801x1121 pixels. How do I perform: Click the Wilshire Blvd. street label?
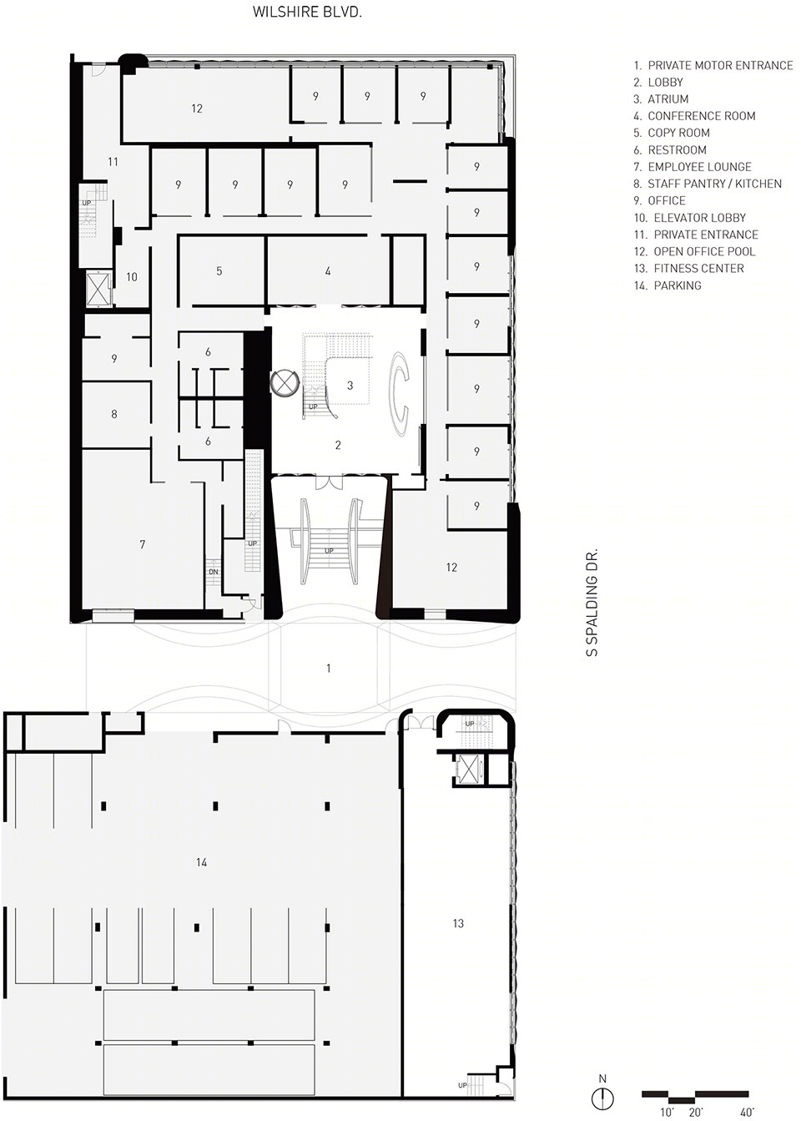click(307, 12)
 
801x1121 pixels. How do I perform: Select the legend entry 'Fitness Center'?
click(688, 268)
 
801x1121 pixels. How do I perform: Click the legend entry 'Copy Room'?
click(672, 133)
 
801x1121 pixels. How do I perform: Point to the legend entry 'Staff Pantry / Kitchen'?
click(708, 184)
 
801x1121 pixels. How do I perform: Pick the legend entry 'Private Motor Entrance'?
click(713, 65)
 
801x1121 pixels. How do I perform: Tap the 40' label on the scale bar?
click(747, 1112)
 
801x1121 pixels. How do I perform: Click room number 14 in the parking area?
click(202, 861)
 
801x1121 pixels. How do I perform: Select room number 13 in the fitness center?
click(458, 923)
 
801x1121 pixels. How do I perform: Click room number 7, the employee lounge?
click(143, 544)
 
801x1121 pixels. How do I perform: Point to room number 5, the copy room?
click(219, 270)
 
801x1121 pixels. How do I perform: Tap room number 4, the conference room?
click(328, 270)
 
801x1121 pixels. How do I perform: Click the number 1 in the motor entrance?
click(328, 668)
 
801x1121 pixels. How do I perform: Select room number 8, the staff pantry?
click(114, 414)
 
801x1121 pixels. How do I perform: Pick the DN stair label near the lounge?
click(213, 572)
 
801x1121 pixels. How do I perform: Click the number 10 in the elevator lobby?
click(132, 277)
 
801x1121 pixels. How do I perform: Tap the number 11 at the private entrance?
click(113, 162)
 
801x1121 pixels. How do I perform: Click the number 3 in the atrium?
click(350, 386)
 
